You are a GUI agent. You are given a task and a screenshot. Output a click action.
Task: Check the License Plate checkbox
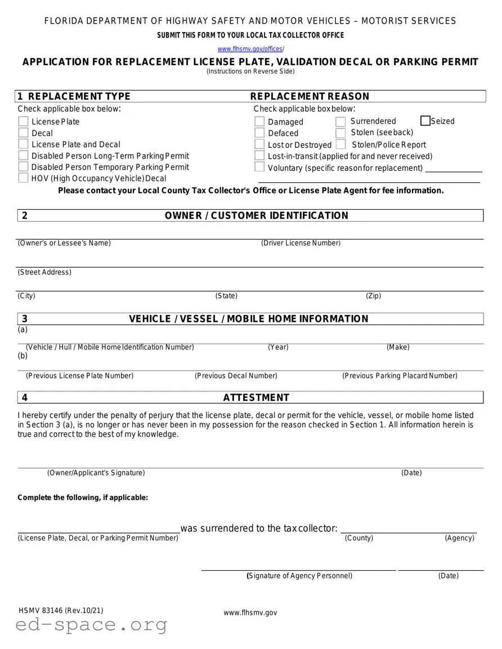[x=23, y=121]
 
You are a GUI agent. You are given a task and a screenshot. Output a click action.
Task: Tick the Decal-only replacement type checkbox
[x=23, y=133]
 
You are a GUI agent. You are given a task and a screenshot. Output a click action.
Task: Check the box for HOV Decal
[x=23, y=178]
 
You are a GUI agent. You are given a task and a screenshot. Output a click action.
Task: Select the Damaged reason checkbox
[x=259, y=121]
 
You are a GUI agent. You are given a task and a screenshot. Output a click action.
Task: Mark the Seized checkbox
[x=425, y=121]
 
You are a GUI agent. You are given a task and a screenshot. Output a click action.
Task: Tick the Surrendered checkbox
[x=340, y=121]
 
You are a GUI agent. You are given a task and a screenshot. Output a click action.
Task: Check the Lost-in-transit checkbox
[x=259, y=156]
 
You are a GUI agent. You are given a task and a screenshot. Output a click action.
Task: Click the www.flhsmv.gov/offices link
[x=250, y=49]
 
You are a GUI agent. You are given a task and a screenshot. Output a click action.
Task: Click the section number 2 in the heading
[x=24, y=215]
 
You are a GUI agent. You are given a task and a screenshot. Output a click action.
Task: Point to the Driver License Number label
[x=301, y=243]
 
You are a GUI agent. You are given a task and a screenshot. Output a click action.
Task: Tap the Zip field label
[x=373, y=296]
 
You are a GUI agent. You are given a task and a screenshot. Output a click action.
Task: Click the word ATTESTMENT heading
[x=256, y=398]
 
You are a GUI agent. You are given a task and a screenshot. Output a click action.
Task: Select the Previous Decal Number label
[x=236, y=376]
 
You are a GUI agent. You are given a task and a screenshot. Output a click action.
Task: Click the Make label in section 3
[x=398, y=347]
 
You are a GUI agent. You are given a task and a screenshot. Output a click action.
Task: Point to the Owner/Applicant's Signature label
[x=96, y=473]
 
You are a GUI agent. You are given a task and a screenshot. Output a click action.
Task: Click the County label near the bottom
[x=359, y=538]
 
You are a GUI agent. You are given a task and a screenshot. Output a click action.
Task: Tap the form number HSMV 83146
[x=61, y=611]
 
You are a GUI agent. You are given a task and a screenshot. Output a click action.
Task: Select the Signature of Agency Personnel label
[x=299, y=575]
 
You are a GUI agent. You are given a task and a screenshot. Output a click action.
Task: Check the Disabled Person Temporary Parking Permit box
[x=23, y=167]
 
